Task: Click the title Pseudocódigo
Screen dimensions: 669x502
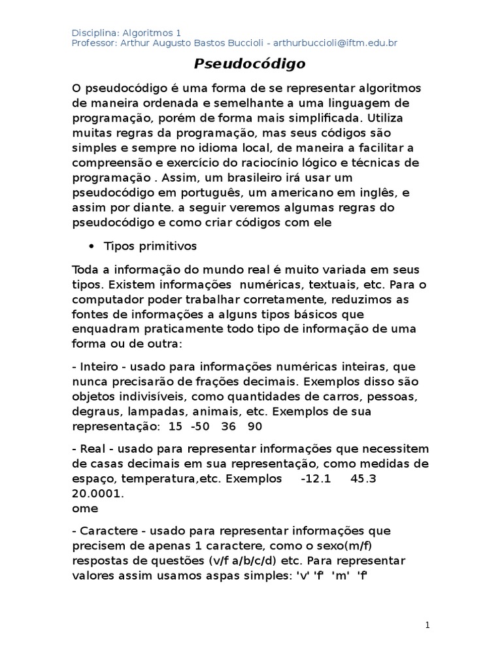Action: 250,65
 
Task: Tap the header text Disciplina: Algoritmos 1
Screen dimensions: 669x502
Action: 127,32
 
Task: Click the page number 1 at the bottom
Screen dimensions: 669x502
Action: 427,625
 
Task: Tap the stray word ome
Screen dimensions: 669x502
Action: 85,508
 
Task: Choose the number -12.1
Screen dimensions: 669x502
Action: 316,479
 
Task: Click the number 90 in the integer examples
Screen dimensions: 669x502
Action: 255,426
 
